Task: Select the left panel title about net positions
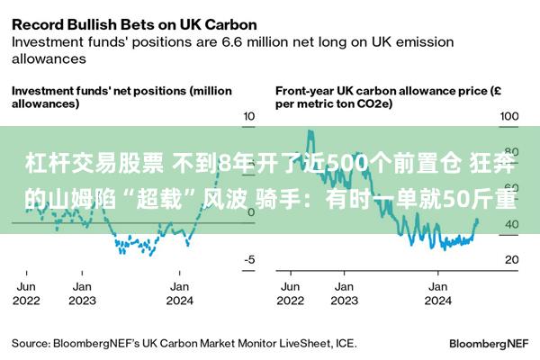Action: click(x=121, y=97)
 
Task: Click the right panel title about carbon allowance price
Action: click(x=382, y=97)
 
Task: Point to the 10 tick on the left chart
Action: click(x=249, y=117)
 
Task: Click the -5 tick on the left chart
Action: click(x=249, y=260)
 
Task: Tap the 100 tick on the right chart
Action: click(x=509, y=117)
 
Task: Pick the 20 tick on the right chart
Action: click(x=509, y=260)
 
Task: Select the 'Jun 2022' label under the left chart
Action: click(x=27, y=293)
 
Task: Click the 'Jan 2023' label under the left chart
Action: click(x=82, y=293)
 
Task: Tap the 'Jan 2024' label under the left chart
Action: click(x=179, y=293)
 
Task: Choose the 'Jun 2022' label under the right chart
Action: click(x=289, y=293)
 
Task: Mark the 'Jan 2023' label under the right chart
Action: click(x=343, y=293)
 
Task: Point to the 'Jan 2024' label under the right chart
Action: click(x=437, y=293)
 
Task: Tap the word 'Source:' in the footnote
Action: click(x=30, y=344)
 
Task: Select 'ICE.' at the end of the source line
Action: click(x=346, y=344)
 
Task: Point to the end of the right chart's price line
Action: click(x=477, y=221)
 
